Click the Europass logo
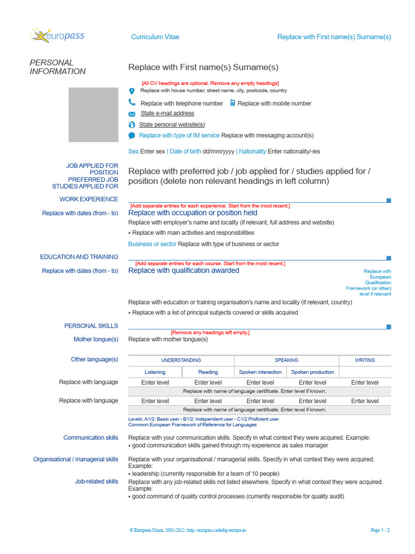tap(58, 36)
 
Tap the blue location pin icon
tap(132, 91)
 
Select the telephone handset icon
tap(132, 102)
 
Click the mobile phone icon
tap(232, 103)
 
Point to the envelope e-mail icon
tap(132, 114)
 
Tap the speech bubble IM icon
tap(132, 136)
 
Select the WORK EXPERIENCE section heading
tap(89, 199)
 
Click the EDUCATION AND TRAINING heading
tap(79, 257)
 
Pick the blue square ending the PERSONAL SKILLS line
tap(389, 326)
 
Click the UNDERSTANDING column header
tap(181, 360)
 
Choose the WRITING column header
tap(365, 360)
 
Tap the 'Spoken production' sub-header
tap(312, 372)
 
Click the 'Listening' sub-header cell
tap(155, 372)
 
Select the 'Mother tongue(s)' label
tap(96, 339)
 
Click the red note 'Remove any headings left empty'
tap(210, 332)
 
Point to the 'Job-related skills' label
tap(96, 481)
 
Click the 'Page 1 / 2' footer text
tap(380, 531)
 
